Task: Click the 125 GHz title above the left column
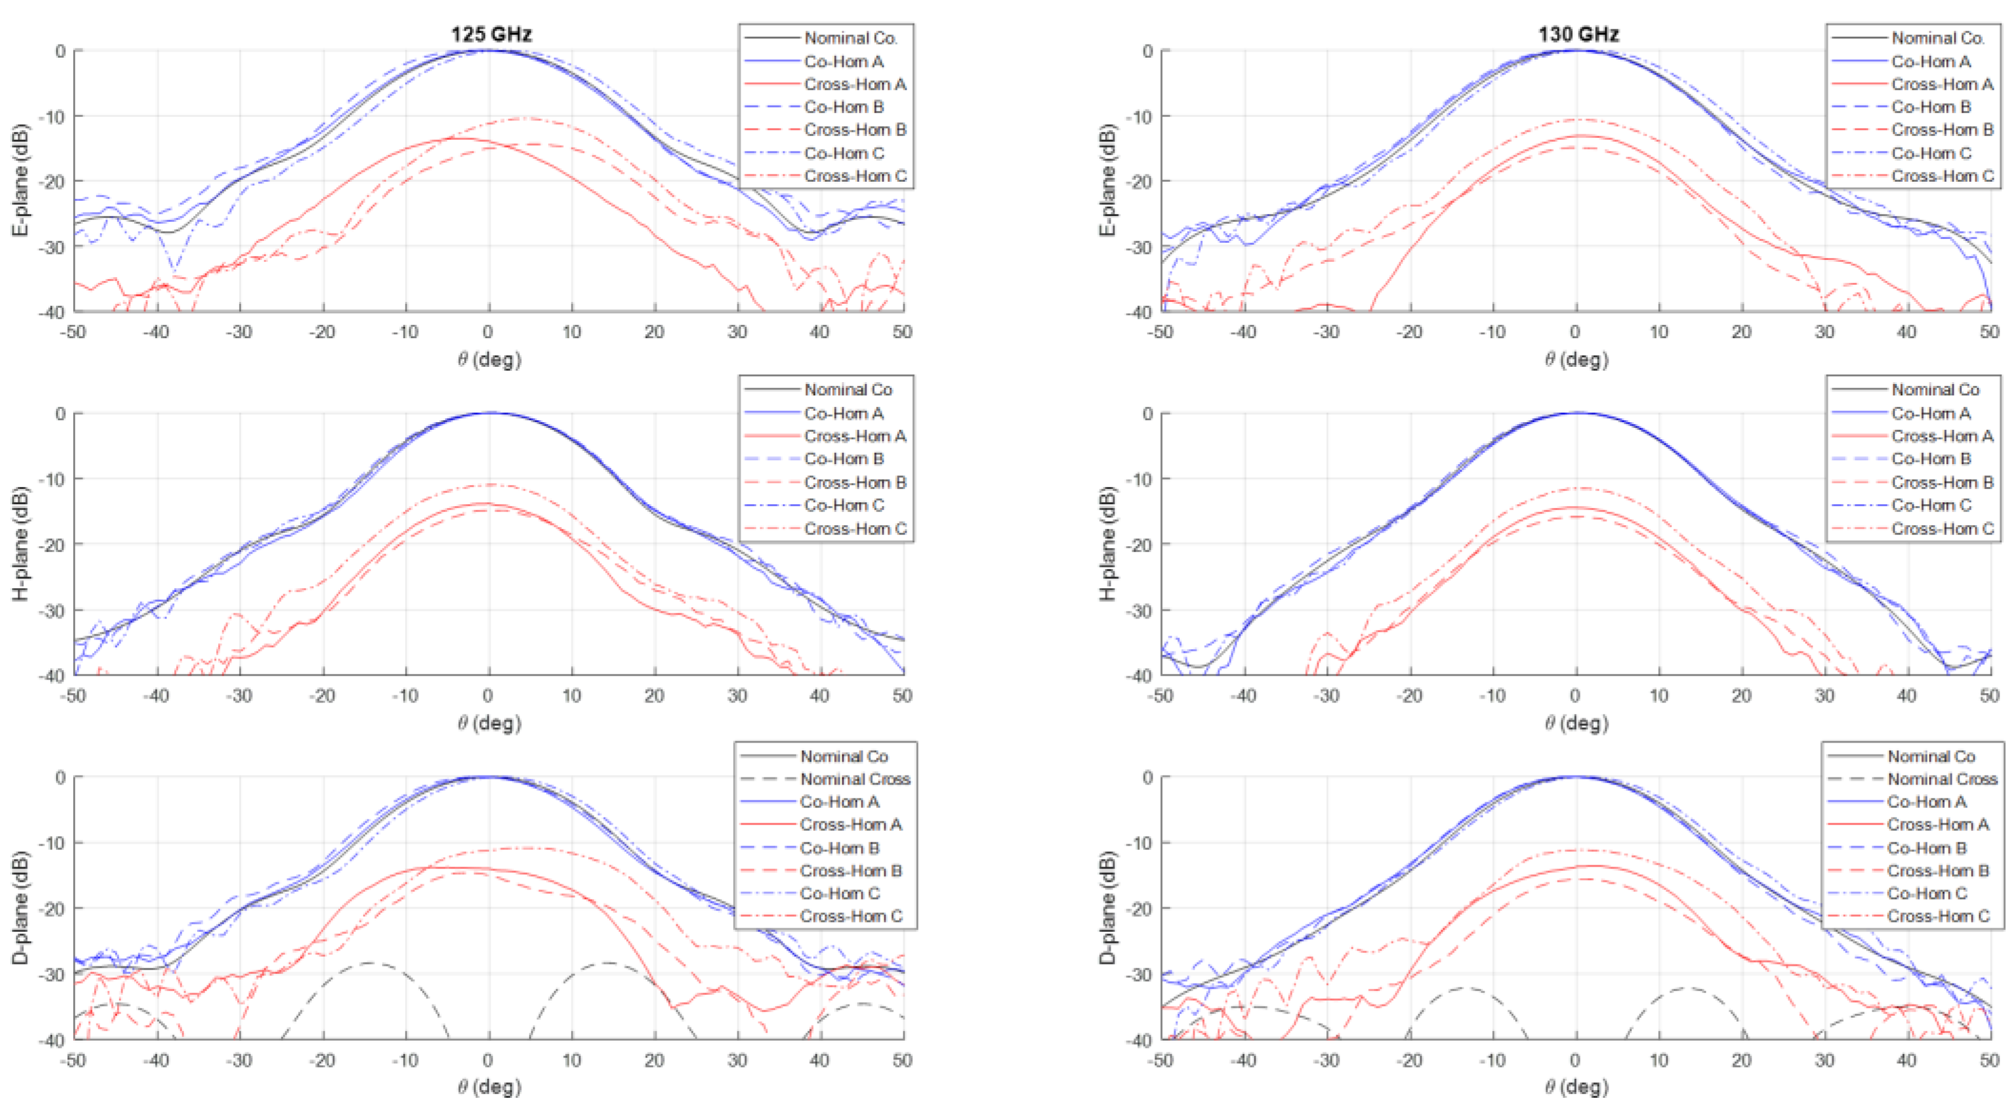click(x=491, y=34)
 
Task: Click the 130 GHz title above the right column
click(x=1578, y=34)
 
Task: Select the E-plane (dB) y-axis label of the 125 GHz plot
click(x=21, y=180)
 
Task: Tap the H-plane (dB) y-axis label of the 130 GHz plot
click(x=1107, y=544)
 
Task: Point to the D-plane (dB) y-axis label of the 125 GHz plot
click(x=21, y=907)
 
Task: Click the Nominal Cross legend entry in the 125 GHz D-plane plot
click(x=854, y=779)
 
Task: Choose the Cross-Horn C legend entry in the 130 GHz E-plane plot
click(x=1942, y=176)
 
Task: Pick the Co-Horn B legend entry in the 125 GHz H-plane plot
click(x=844, y=459)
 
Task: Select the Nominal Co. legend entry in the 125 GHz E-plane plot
click(x=850, y=38)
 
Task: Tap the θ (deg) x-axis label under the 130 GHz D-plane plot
click(x=1576, y=1086)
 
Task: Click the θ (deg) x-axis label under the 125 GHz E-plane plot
click(x=489, y=359)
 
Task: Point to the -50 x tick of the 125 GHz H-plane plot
click(x=74, y=695)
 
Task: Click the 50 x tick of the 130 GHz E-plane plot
click(x=1989, y=332)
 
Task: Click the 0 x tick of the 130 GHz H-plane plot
click(x=1575, y=695)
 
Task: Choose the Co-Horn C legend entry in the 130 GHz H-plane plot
click(x=1931, y=505)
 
